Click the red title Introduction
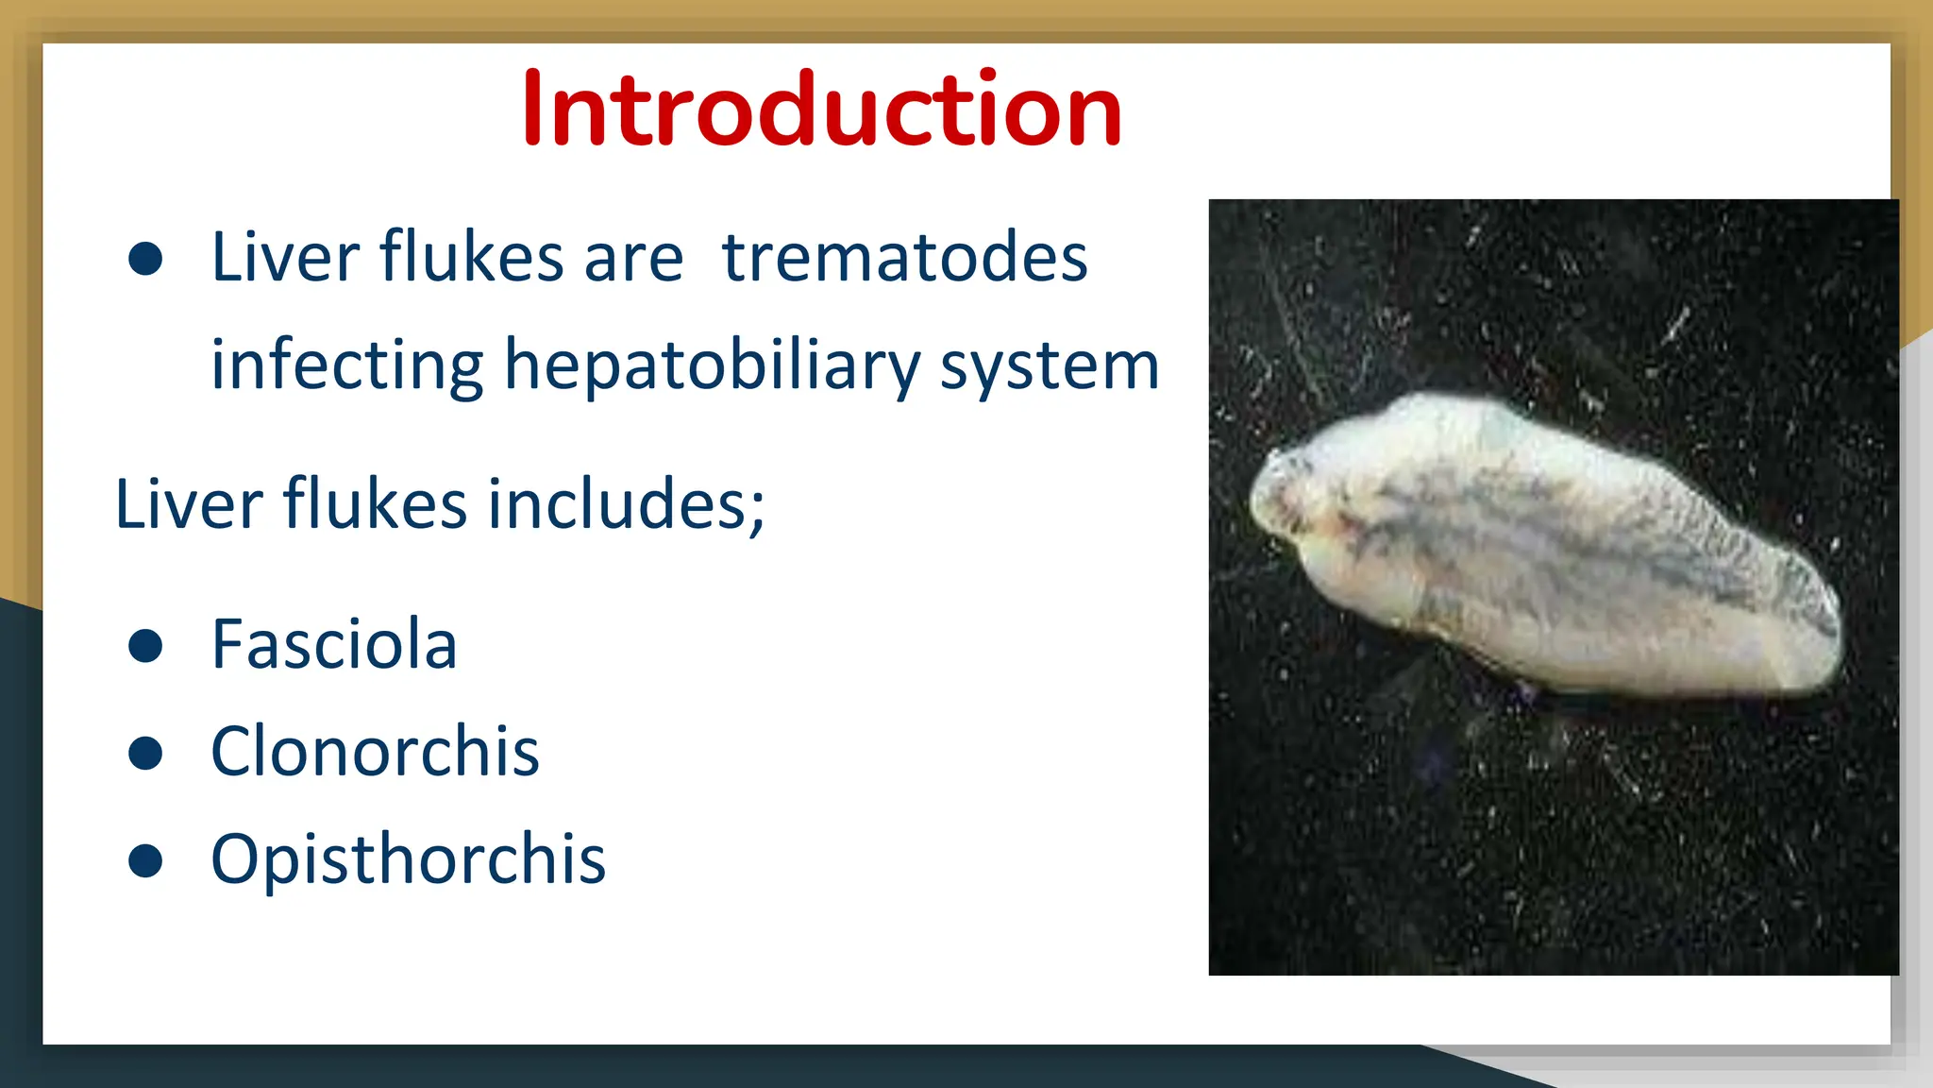coord(821,110)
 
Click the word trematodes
coord(904,257)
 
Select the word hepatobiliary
coord(712,365)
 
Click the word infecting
coord(346,365)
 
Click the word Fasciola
coord(334,645)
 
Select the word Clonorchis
coord(375,753)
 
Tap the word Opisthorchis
coord(408,860)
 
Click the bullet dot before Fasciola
coord(145,647)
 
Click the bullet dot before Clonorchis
coord(145,754)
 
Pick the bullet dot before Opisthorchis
coord(145,860)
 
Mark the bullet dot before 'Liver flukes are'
coord(145,259)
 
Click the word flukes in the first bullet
coord(471,257)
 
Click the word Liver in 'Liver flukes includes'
coord(188,504)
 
